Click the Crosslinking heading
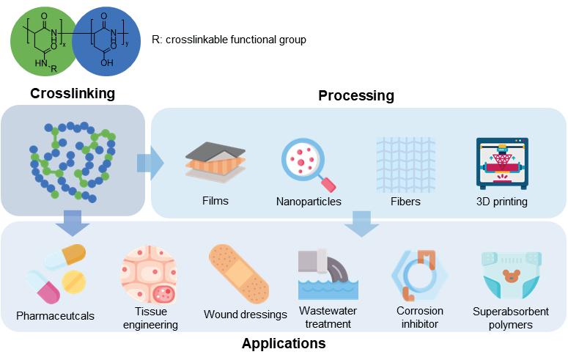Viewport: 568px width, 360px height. pos(73,93)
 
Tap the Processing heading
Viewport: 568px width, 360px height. pos(355,95)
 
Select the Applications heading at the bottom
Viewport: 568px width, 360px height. pos(284,343)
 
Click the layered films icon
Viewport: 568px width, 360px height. pos(215,163)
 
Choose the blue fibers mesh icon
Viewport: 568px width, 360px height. pos(405,164)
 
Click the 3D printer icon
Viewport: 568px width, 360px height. pos(501,164)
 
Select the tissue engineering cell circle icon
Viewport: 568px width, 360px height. pos(150,276)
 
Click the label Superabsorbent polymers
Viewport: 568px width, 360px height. pos(510,317)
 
